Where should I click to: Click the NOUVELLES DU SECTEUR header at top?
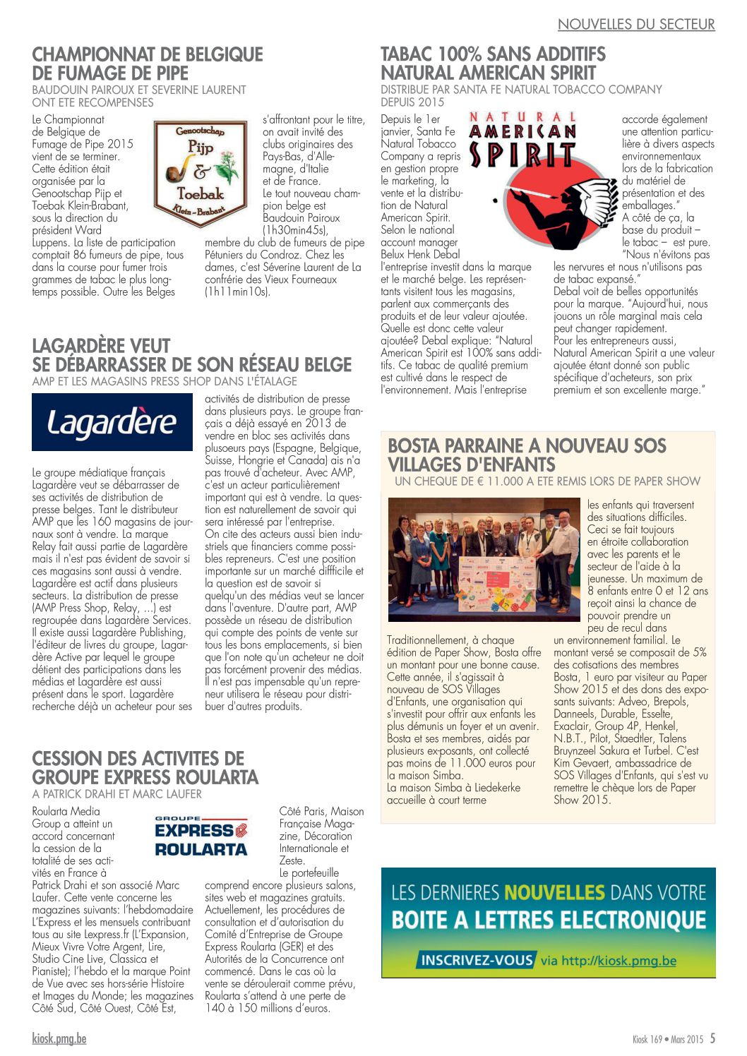click(x=635, y=25)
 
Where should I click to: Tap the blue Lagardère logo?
click(x=112, y=422)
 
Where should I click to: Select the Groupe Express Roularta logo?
click(x=201, y=836)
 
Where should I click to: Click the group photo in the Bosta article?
click(x=484, y=559)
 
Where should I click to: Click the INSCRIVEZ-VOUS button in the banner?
click(x=477, y=960)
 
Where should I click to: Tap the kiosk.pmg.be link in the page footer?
click(x=59, y=1038)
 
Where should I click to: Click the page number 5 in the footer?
click(x=712, y=1038)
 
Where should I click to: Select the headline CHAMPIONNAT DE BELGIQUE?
click(x=148, y=54)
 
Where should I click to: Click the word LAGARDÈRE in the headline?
click(x=101, y=346)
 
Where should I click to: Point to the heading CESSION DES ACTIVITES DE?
click(x=138, y=759)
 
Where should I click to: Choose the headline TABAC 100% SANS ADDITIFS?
click(x=493, y=54)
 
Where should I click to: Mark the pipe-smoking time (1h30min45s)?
click(x=296, y=230)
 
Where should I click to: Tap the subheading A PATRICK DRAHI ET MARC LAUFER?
click(x=117, y=794)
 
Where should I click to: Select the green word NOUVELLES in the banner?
click(x=554, y=892)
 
